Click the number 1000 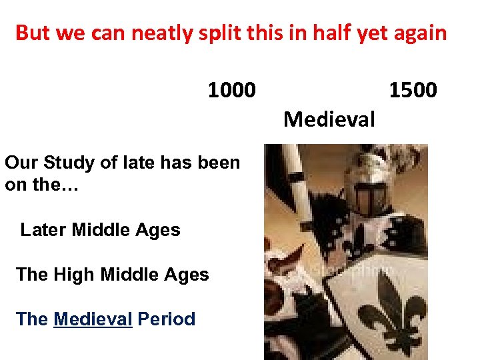(231, 89)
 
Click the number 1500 (413, 89)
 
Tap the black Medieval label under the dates (329, 120)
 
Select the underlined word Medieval (93, 319)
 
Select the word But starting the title (31, 33)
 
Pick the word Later (43, 230)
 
